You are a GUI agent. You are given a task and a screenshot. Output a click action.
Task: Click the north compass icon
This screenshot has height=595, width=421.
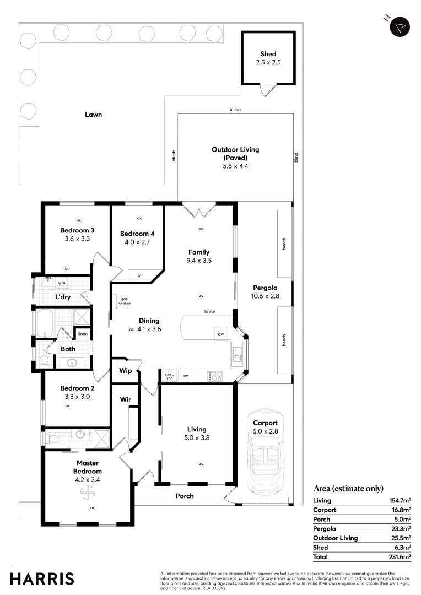click(400, 26)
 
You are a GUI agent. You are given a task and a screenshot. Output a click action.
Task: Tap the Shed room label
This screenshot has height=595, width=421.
click(268, 54)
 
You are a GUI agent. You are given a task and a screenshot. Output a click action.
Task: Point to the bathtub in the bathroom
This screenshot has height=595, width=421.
click(44, 322)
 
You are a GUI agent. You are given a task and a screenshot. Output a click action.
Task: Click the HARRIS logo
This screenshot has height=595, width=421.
click(42, 578)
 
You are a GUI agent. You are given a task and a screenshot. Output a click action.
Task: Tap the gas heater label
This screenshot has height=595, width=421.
click(125, 301)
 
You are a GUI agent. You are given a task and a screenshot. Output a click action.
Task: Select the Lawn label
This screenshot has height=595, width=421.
click(94, 115)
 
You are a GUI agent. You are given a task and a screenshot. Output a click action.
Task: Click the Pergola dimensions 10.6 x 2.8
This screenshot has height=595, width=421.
click(265, 296)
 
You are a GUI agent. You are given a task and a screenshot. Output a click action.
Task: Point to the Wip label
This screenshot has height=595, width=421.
click(126, 371)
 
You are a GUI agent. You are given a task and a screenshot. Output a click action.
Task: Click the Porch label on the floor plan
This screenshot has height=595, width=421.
click(185, 496)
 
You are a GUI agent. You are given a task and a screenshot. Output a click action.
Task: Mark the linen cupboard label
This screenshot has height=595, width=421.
click(83, 334)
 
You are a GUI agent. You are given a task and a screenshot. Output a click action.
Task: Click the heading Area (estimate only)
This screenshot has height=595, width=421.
click(348, 488)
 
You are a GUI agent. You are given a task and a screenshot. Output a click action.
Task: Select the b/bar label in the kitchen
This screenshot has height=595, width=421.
click(209, 311)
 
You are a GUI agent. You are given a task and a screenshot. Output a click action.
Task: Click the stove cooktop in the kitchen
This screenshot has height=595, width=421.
click(215, 376)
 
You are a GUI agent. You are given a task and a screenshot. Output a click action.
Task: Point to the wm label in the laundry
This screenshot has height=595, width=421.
click(62, 283)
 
